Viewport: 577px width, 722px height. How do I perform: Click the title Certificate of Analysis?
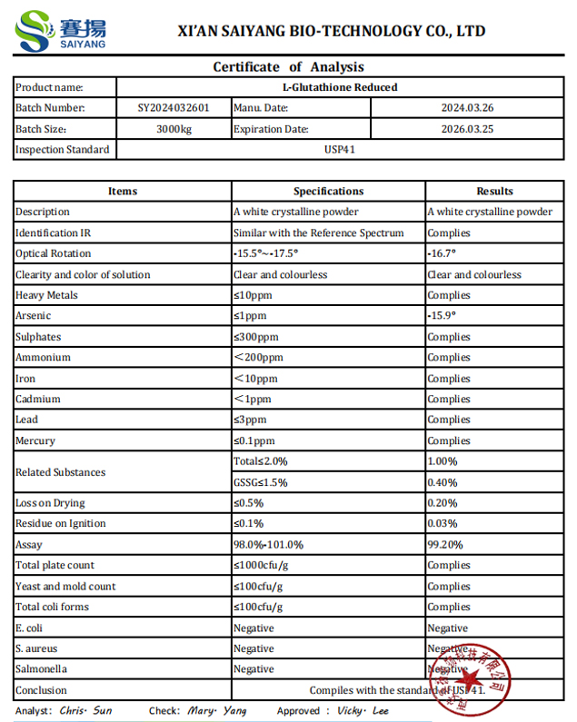288,66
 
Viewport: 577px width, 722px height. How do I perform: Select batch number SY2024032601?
174,108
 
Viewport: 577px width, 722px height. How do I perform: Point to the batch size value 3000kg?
174,129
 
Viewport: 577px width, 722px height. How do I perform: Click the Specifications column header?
328,192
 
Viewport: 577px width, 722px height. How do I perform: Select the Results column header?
494,192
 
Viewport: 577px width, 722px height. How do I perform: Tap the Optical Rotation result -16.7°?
443,254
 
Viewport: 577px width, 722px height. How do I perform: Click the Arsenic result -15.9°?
443,316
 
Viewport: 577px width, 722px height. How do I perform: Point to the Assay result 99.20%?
444,545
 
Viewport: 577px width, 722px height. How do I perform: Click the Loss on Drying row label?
50,503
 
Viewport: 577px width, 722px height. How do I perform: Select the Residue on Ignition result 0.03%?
443,524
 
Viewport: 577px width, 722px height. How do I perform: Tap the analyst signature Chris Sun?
85,711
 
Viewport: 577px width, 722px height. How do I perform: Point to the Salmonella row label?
41,669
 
